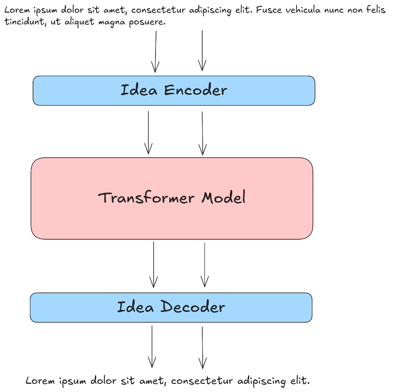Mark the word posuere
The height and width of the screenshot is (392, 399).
tap(147, 22)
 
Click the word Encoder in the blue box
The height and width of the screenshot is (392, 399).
tap(195, 90)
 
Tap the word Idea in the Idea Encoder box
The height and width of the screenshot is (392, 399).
tap(139, 90)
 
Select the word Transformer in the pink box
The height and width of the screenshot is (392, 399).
tap(146, 198)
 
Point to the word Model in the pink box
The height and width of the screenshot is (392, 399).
tap(224, 197)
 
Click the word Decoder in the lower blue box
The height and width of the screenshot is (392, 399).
tap(193, 306)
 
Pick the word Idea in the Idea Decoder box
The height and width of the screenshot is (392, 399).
tap(136, 306)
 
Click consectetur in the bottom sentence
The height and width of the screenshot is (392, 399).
tap(202, 381)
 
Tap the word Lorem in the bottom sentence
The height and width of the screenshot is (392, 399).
tap(40, 381)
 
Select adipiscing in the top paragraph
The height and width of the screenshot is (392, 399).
tap(210, 10)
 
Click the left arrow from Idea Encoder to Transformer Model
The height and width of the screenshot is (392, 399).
tap(148, 132)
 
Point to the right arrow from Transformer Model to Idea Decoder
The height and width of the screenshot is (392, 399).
tap(204, 265)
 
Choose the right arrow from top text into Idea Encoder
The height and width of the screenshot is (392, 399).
tap(202, 51)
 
